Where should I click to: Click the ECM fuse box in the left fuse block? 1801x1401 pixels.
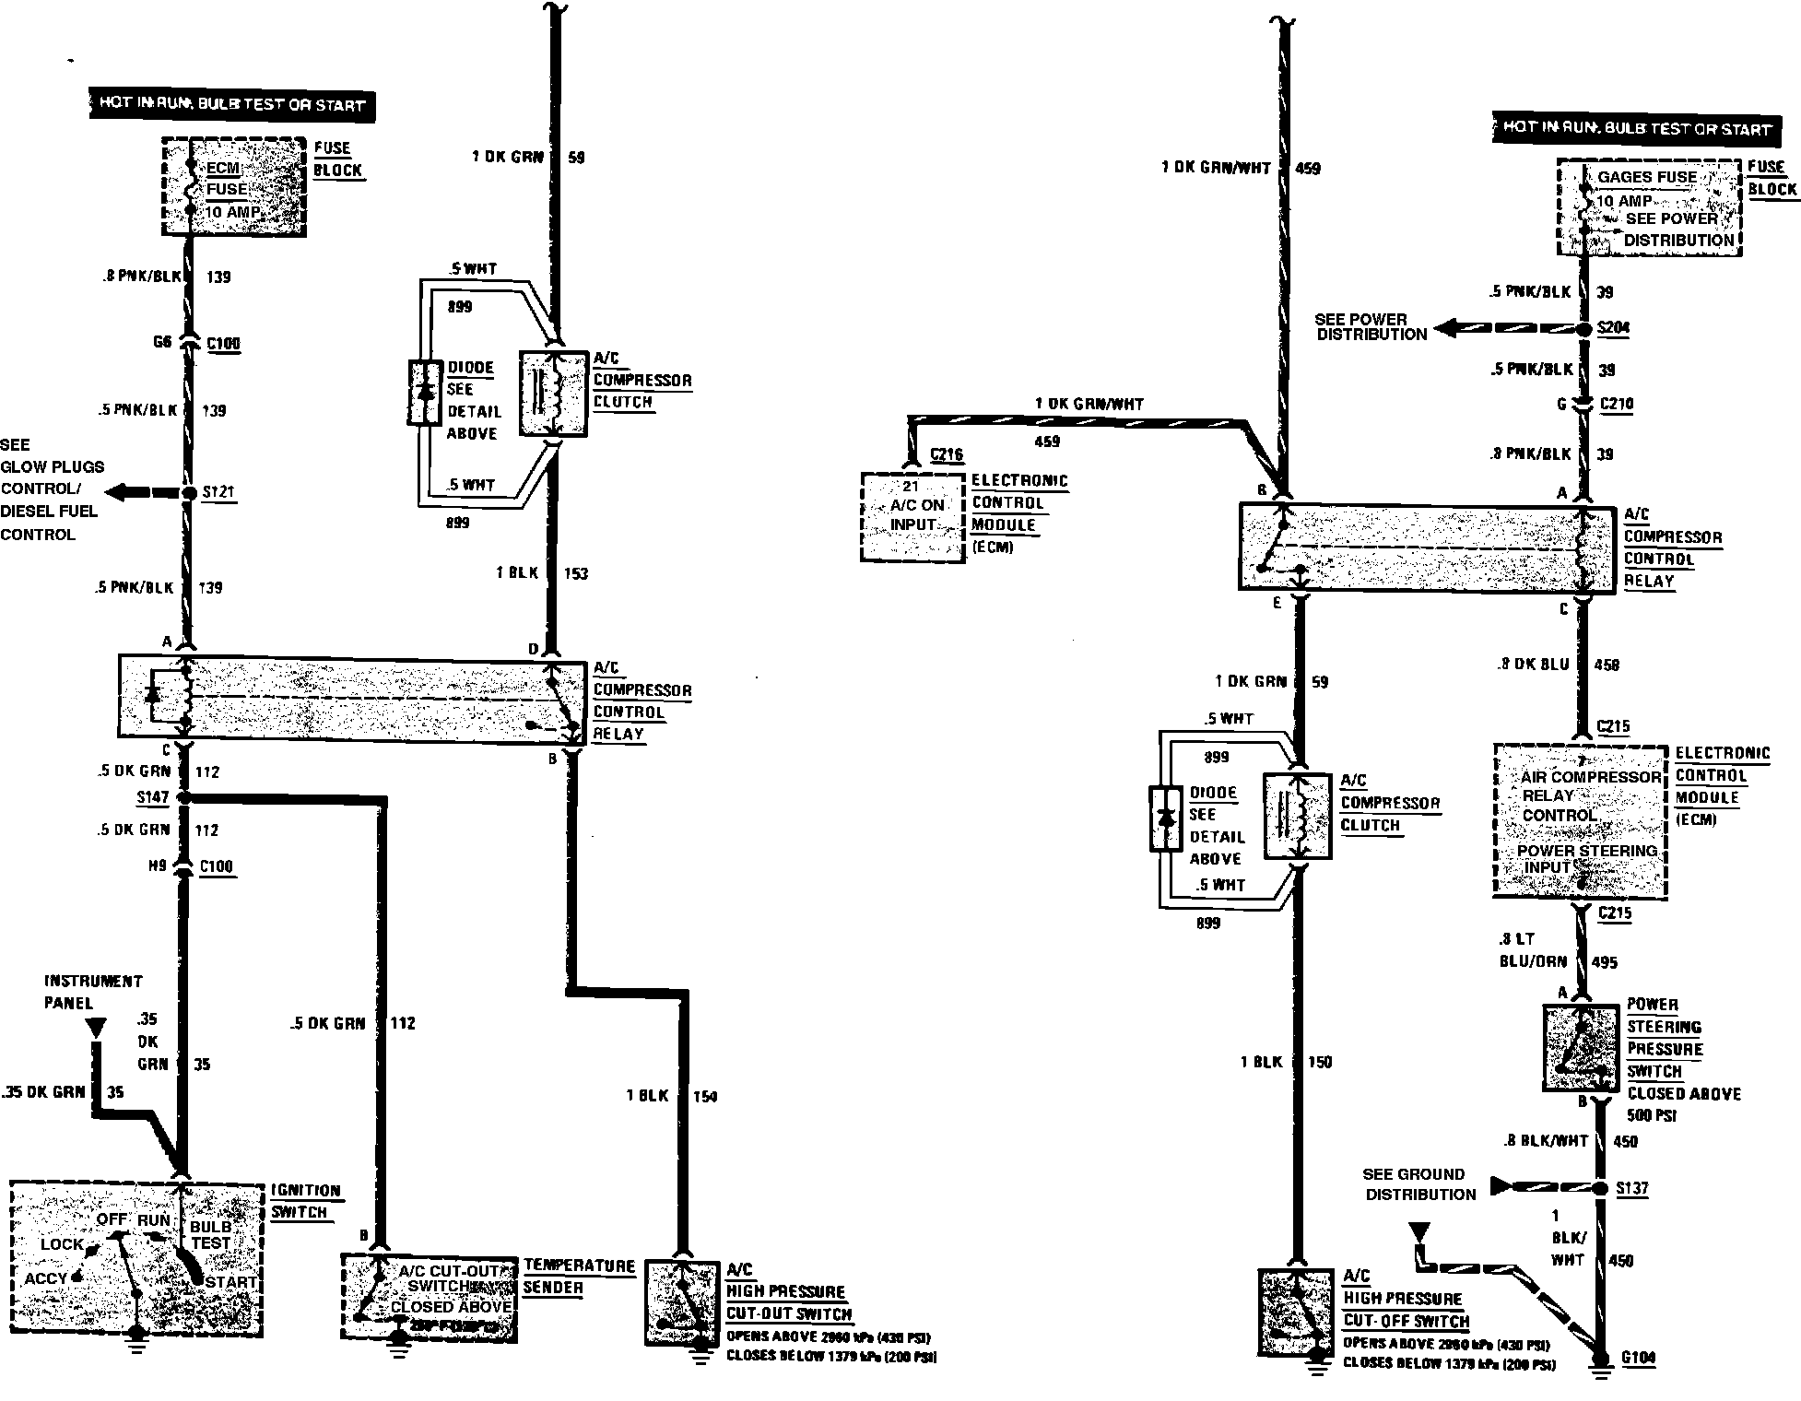point(234,187)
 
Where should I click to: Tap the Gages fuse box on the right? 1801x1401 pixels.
point(1649,208)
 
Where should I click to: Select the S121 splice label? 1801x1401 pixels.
point(218,492)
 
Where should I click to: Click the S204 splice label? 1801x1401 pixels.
point(1613,328)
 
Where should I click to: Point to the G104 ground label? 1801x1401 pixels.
point(1638,1358)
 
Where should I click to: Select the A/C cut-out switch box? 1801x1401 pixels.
point(429,1296)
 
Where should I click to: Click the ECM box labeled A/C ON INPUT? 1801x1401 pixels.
point(912,515)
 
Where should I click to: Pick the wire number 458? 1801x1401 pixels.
point(1607,665)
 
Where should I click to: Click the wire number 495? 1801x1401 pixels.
point(1605,962)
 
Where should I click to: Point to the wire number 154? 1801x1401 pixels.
point(704,1097)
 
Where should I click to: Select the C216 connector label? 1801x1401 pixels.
point(947,454)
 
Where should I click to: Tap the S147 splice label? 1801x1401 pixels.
point(152,796)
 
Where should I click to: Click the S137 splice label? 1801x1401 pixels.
point(1632,1188)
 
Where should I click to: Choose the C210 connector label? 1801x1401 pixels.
point(1617,404)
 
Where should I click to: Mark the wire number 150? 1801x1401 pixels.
point(1320,1063)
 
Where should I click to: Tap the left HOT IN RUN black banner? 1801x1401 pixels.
point(231,104)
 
